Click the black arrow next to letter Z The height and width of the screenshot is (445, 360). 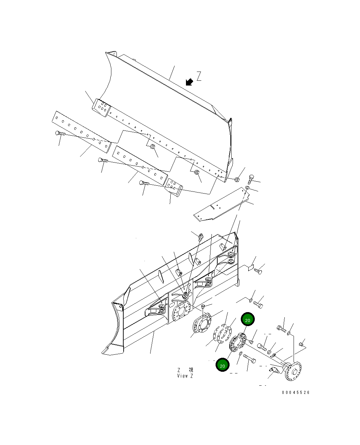(189, 82)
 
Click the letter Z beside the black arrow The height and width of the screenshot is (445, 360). (199, 76)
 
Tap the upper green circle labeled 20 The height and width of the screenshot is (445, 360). (248, 320)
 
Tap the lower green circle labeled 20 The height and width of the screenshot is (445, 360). (222, 366)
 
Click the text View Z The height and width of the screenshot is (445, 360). (185, 376)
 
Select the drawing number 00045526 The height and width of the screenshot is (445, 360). (296, 393)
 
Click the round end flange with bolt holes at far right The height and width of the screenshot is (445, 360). (293, 371)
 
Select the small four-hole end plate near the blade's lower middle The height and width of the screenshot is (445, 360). (174, 188)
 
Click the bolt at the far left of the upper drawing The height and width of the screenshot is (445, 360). (60, 134)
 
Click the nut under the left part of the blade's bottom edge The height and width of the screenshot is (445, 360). (153, 147)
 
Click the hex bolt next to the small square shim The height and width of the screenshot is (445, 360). (258, 271)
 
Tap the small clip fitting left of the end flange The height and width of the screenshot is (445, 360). (273, 356)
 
